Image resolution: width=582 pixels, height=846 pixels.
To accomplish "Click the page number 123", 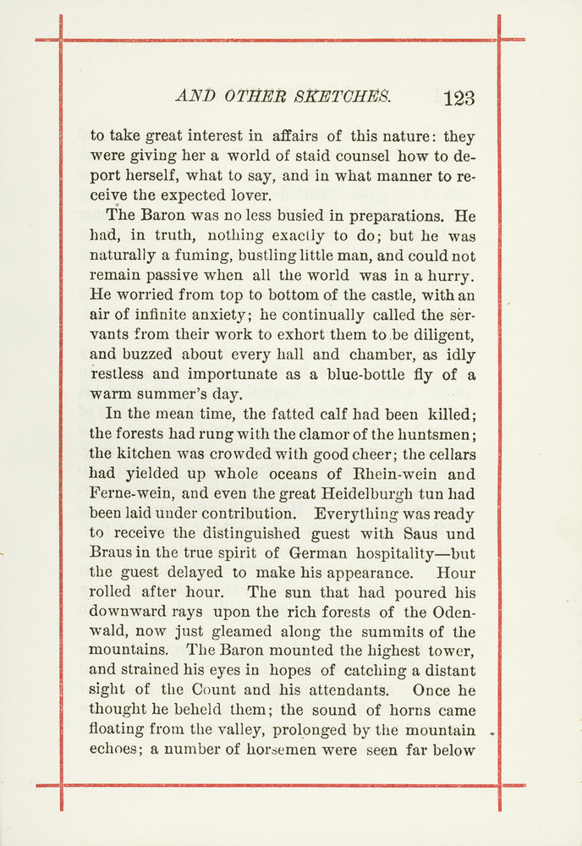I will pyautogui.click(x=458, y=97).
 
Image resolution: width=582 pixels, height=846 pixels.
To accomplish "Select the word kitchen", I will pyautogui.click(x=149, y=453).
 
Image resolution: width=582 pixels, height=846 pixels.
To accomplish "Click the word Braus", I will pyautogui.click(x=111, y=552).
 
